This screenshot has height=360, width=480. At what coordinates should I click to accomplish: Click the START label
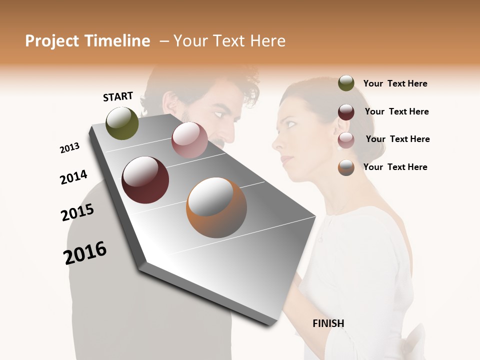(118, 96)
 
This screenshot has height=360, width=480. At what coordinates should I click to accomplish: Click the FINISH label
(328, 323)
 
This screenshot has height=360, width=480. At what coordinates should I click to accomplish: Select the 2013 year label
(69, 148)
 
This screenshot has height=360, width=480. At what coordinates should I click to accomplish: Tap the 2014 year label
(73, 177)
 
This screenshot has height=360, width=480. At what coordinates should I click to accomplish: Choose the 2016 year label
(85, 252)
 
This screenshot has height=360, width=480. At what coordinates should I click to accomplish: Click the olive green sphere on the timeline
(122, 123)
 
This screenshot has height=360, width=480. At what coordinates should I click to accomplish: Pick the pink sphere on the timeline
(189, 140)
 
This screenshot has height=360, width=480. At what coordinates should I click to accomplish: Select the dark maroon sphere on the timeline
(145, 180)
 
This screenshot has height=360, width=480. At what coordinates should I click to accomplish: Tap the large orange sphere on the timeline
(216, 207)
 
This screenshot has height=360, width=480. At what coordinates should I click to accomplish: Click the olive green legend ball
(346, 83)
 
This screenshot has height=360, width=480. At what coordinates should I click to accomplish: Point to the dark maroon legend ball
(346, 111)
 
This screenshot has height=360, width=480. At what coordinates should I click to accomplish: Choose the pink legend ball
(346, 139)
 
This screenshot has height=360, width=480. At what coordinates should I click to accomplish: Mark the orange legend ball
(346, 167)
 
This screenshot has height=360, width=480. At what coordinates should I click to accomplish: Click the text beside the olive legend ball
(395, 83)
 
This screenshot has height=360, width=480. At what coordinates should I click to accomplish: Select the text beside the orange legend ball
(395, 167)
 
